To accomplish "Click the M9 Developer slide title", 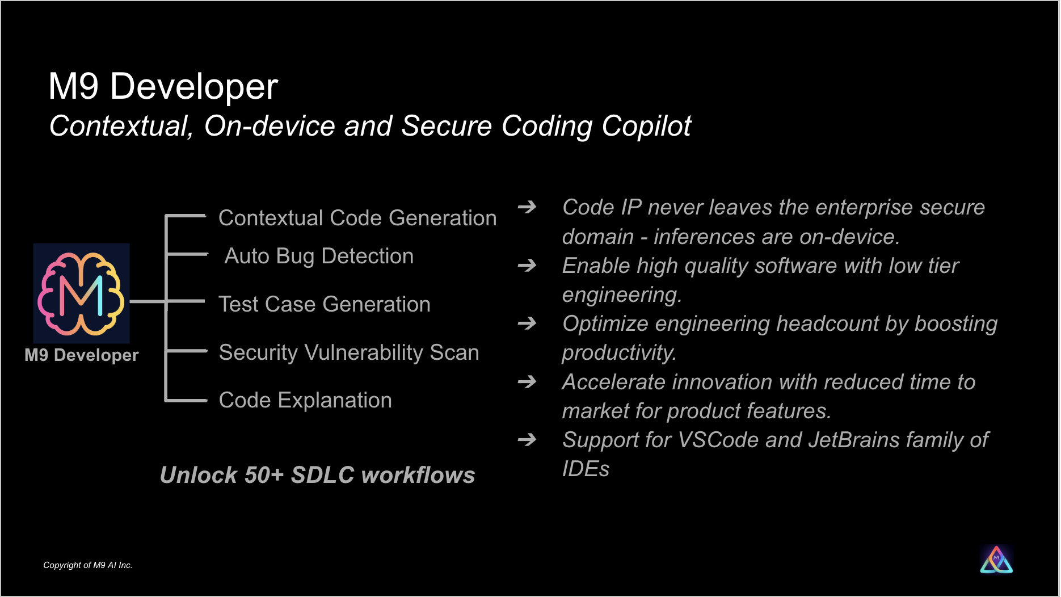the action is pyautogui.click(x=163, y=86).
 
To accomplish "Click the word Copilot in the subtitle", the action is pyautogui.click(x=646, y=127).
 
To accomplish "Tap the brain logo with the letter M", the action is pyautogui.click(x=82, y=293).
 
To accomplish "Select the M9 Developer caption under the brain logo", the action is pyautogui.click(x=82, y=355).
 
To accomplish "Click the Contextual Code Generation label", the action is pyautogui.click(x=357, y=218).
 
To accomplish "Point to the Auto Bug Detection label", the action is pyautogui.click(x=319, y=257).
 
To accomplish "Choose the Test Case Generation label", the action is pyautogui.click(x=325, y=304).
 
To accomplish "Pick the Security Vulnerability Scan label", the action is pyautogui.click(x=349, y=353).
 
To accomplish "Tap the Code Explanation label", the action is pyautogui.click(x=305, y=400).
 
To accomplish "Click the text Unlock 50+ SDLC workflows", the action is pyautogui.click(x=317, y=475).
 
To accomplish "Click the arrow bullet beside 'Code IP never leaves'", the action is pyautogui.click(x=527, y=207).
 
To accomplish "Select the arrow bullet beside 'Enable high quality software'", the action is pyautogui.click(x=527, y=265).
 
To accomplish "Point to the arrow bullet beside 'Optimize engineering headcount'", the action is pyautogui.click(x=527, y=323).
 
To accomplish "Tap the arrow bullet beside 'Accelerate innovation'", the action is pyautogui.click(x=527, y=381).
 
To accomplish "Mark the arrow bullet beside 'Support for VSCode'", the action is pyautogui.click(x=527, y=439).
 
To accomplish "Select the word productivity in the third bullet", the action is pyautogui.click(x=619, y=353).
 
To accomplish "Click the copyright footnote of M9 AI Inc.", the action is pyautogui.click(x=88, y=565).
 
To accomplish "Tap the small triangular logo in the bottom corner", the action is pyautogui.click(x=996, y=560).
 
